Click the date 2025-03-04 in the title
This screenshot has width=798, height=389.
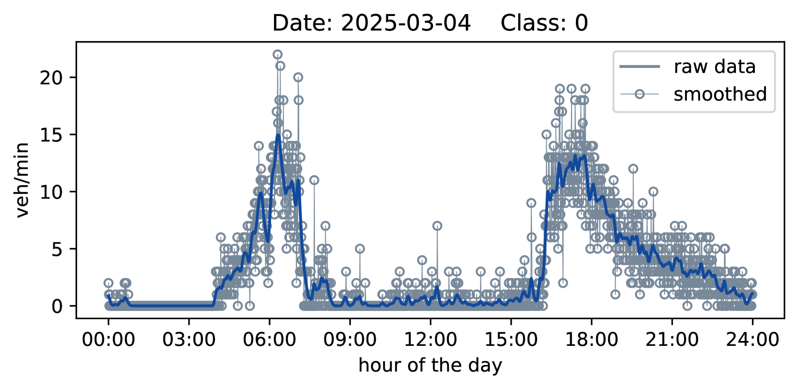tap(406, 23)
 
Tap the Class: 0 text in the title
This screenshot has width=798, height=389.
tap(544, 23)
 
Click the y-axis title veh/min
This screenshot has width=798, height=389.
tap(22, 180)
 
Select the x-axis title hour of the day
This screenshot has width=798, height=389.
tap(430, 366)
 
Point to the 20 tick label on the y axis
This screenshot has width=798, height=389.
tap(52, 78)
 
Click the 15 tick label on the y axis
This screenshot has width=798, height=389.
tap(52, 135)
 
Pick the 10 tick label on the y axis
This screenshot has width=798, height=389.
tap(52, 192)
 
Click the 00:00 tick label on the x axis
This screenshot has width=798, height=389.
tap(108, 340)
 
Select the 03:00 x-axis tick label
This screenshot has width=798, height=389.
tap(189, 340)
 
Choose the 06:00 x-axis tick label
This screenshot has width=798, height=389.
tap(270, 340)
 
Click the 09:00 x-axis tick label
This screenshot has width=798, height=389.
tap(350, 340)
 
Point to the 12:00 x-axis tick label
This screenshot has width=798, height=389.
tap(431, 340)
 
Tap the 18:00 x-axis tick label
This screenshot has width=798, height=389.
tap(591, 340)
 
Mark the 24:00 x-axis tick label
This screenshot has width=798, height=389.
tap(752, 340)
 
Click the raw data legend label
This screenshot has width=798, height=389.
tap(714, 66)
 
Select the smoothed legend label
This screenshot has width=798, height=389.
tap(720, 94)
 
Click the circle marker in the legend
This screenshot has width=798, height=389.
tap(640, 94)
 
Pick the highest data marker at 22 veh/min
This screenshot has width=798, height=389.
tap(277, 54)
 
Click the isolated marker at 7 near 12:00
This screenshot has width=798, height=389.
tap(437, 226)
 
